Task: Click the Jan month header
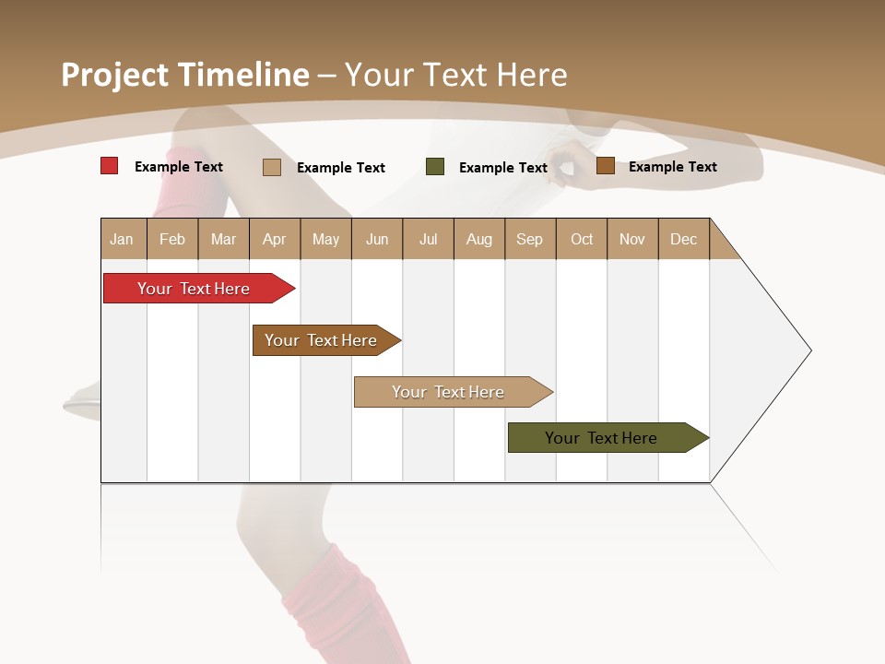(x=123, y=239)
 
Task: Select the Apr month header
(x=275, y=239)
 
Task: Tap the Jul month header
(x=428, y=239)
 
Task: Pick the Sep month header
(x=530, y=239)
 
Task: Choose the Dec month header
(x=683, y=239)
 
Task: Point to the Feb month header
(x=172, y=239)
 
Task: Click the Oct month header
(x=582, y=239)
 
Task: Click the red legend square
(x=110, y=166)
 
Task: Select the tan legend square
(x=272, y=167)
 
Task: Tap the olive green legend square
(x=435, y=167)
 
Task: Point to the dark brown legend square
(x=605, y=166)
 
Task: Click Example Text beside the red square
(x=179, y=167)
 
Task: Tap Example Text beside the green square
(x=503, y=168)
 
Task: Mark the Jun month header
(x=377, y=239)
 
